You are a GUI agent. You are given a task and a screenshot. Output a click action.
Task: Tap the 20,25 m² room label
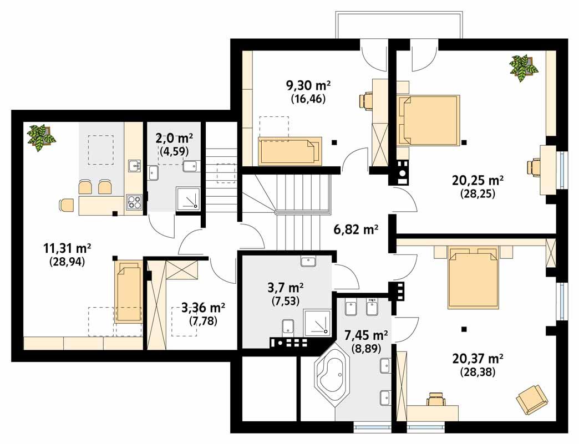tap(478, 181)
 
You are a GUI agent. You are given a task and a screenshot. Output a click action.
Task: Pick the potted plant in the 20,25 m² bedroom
tap(524, 67)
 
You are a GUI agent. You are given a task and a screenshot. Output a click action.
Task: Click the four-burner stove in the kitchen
tap(134, 202)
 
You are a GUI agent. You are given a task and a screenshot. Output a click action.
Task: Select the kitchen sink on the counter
tap(134, 165)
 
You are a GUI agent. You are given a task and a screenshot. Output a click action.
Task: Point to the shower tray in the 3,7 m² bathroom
tap(318, 323)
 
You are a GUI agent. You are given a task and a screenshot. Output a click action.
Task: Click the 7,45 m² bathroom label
tap(365, 335)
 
